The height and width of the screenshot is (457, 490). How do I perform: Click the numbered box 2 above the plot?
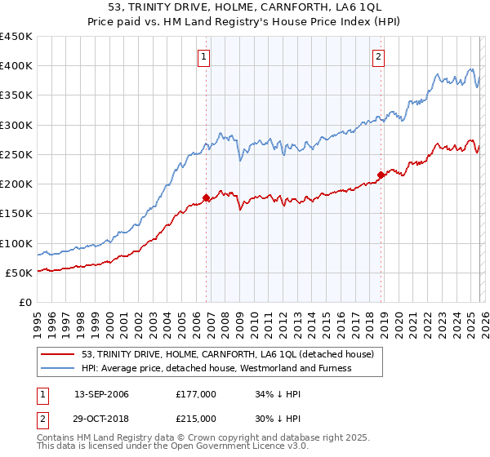[380, 56]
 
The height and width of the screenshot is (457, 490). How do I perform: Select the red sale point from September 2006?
[206, 197]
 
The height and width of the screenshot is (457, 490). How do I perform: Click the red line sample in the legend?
[58, 354]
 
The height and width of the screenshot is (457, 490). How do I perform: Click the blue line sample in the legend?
[58, 368]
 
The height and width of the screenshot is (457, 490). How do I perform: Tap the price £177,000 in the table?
[195, 394]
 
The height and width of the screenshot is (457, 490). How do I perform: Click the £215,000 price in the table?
[195, 418]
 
